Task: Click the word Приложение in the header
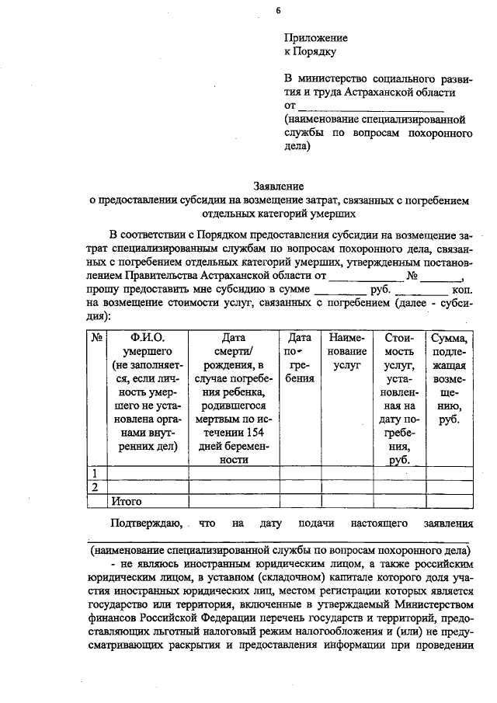coord(315,37)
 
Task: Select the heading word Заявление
coord(279,186)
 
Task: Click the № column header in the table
coord(98,338)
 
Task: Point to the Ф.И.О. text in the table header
coord(148,338)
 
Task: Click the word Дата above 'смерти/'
coord(233,338)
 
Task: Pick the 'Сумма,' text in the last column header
coord(448,338)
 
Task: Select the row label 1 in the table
coord(96,472)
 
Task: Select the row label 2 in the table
coord(96,487)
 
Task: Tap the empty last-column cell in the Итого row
coord(448,501)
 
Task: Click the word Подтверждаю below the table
coord(147,524)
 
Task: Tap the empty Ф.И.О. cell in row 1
coord(148,472)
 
